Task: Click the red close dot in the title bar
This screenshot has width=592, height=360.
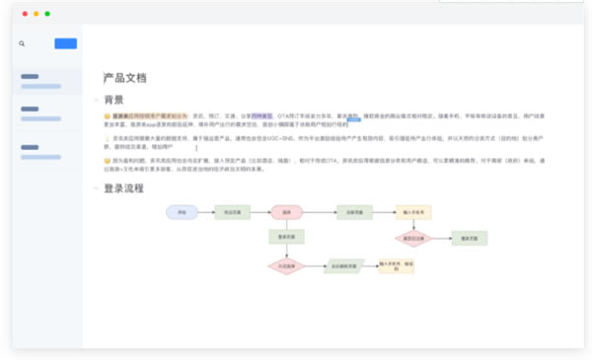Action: coord(22,14)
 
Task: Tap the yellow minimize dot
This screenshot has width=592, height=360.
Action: coord(35,14)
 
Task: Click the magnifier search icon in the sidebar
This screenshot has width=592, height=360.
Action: coord(22,43)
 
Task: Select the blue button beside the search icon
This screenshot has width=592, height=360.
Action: coord(65,43)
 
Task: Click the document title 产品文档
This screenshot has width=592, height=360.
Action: coord(124,77)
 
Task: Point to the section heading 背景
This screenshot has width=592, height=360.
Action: coord(113,100)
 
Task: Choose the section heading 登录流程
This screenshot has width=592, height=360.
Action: coord(123,187)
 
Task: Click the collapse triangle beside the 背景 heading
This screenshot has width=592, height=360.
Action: coord(96,100)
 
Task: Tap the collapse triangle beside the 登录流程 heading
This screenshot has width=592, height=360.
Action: coord(96,187)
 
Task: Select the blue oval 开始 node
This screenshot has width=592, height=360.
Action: coord(182,212)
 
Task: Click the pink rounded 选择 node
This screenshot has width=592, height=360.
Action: coord(286,212)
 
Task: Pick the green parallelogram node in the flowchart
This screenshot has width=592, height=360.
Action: coord(344,265)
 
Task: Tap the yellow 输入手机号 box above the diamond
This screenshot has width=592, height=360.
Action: coord(412,212)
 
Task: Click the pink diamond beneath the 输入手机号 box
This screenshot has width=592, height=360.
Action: coord(412,238)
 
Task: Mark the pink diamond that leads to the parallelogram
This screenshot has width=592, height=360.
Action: coord(286,265)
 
